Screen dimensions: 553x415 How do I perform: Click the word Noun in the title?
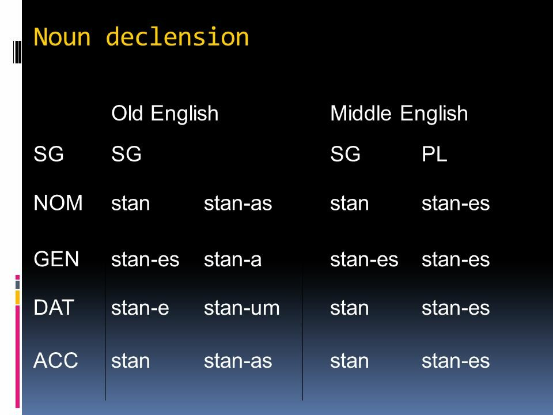62,37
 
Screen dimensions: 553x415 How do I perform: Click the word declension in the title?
177,37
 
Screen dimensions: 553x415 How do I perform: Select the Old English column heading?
165,114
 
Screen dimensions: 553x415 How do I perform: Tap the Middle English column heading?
399,114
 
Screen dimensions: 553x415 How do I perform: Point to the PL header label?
434,154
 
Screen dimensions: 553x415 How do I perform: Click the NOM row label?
58,203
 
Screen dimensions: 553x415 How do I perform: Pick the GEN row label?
56,259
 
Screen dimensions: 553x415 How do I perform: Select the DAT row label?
54,307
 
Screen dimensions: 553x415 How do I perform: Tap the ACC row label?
56,360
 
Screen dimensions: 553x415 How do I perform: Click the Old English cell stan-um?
241,308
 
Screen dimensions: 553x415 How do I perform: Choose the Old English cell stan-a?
233,259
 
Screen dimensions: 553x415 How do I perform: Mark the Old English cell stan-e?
140,308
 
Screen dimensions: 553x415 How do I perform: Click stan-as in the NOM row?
238,203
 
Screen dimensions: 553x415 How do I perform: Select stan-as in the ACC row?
238,361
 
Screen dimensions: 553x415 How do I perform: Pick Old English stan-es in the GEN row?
145,259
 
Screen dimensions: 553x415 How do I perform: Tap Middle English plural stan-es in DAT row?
456,308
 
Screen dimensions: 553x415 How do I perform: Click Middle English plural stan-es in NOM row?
456,203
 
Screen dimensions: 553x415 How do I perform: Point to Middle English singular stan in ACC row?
349,361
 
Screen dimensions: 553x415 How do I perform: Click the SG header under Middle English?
345,154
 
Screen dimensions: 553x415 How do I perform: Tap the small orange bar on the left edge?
17,297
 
